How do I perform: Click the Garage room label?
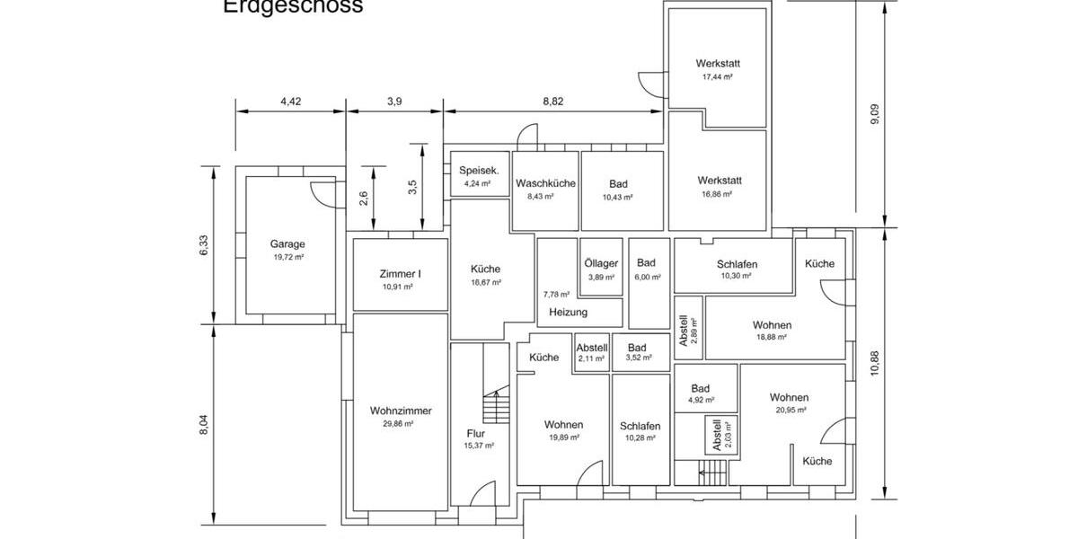pos(288,243)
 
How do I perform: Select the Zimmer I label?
pos(400,274)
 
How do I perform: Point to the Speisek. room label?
pos(478,170)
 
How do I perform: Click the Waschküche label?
pos(545,183)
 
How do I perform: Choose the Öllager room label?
pos(601,263)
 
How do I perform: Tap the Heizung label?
pos(568,313)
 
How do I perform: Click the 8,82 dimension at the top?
pos(553,102)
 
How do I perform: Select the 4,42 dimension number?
pos(290,102)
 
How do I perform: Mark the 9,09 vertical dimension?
pos(875,116)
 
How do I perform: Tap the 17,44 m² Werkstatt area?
pos(717,77)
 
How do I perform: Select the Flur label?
pos(476,433)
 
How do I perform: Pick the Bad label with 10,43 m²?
pos(618,183)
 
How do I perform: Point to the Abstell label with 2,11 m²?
pos(592,348)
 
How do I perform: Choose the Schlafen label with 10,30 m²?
pos(737,264)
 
